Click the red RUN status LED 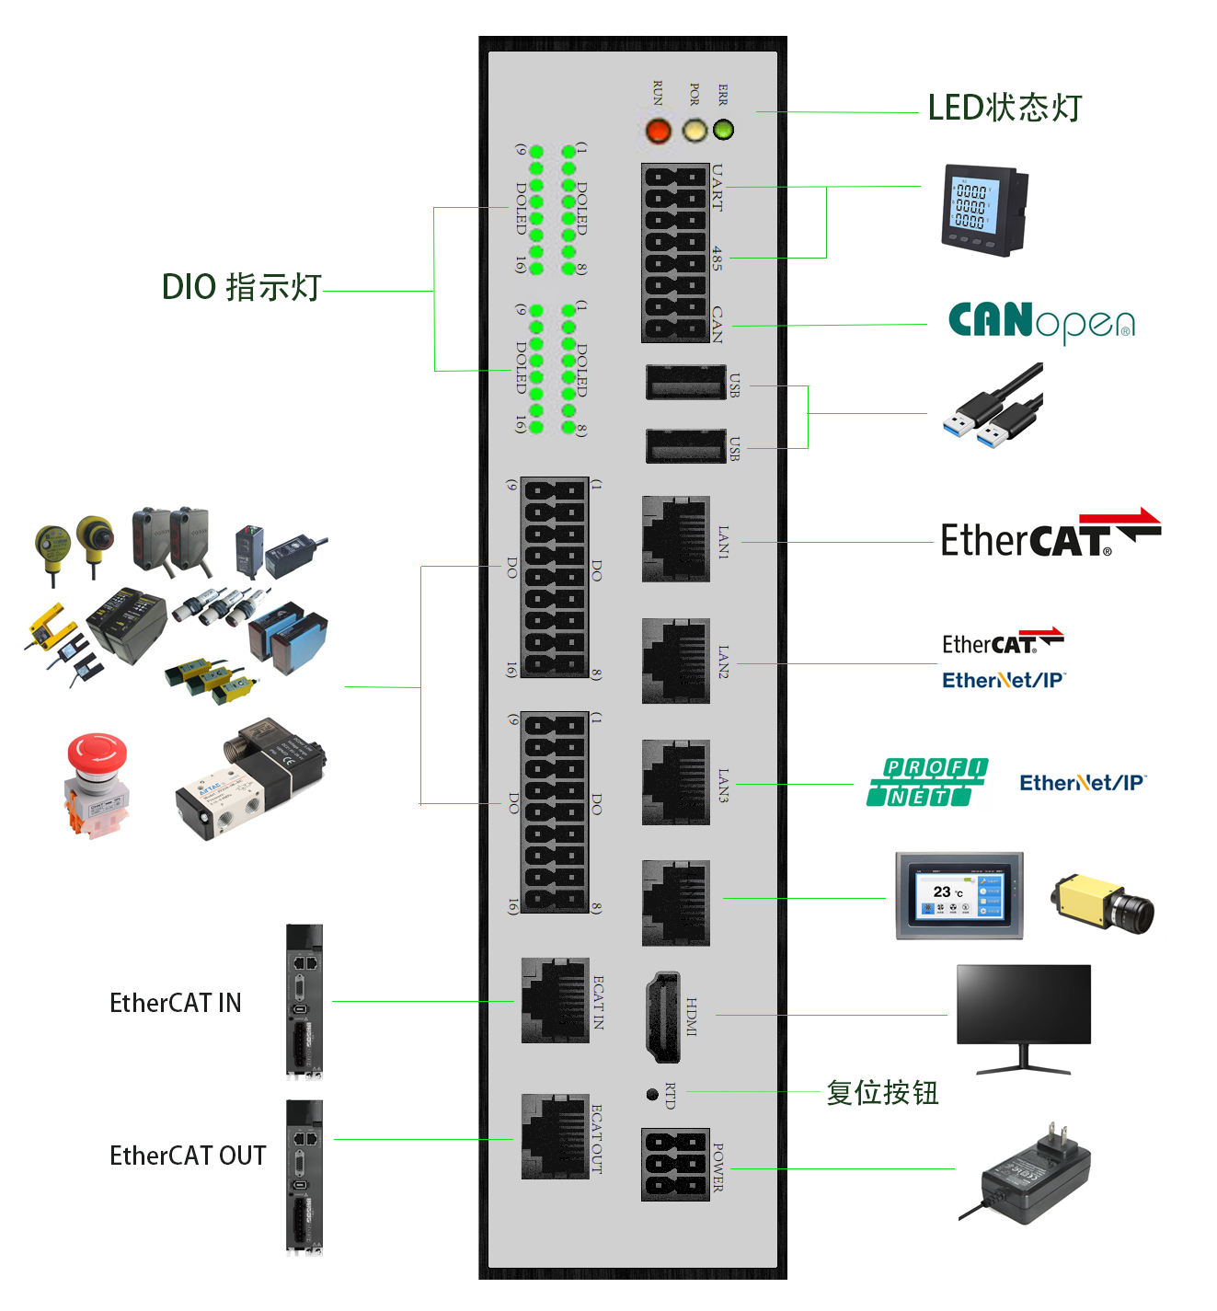click(659, 131)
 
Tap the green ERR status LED click(724, 130)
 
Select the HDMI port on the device click(661, 1017)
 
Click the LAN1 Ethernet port click(675, 539)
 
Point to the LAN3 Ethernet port click(675, 782)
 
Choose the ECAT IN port click(555, 1000)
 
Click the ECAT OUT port click(555, 1136)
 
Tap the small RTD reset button click(652, 1094)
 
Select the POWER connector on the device click(675, 1164)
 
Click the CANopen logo click(1040, 322)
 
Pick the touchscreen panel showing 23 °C click(959, 895)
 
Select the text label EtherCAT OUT click(188, 1156)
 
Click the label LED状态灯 click(1004, 108)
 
